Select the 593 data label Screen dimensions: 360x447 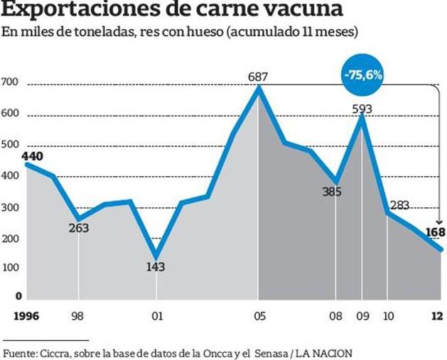(x=362, y=109)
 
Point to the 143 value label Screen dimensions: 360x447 (x=156, y=267)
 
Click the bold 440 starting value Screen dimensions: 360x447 (x=14, y=156)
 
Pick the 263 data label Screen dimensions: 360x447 (x=78, y=228)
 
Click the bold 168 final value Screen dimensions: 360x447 (x=435, y=232)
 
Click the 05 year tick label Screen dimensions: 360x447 (x=259, y=316)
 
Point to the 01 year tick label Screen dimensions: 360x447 (x=156, y=316)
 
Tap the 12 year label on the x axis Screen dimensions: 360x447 (x=437, y=316)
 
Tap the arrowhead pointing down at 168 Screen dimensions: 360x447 (x=436, y=221)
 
